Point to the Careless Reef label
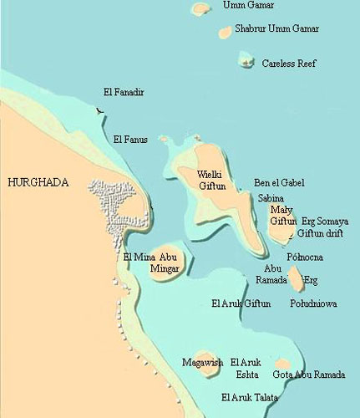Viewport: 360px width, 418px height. (289, 64)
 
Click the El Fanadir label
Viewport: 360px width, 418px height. (124, 92)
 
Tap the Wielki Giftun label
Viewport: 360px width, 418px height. (210, 180)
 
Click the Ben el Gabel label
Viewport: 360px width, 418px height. (279, 182)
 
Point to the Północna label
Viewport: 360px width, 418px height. (307, 257)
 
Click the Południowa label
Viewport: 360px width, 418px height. (313, 303)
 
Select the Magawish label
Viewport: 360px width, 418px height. (204, 362)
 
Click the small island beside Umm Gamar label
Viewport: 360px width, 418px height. (200, 8)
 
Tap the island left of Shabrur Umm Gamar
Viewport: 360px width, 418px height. (225, 33)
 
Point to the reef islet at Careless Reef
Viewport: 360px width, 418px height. (246, 59)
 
